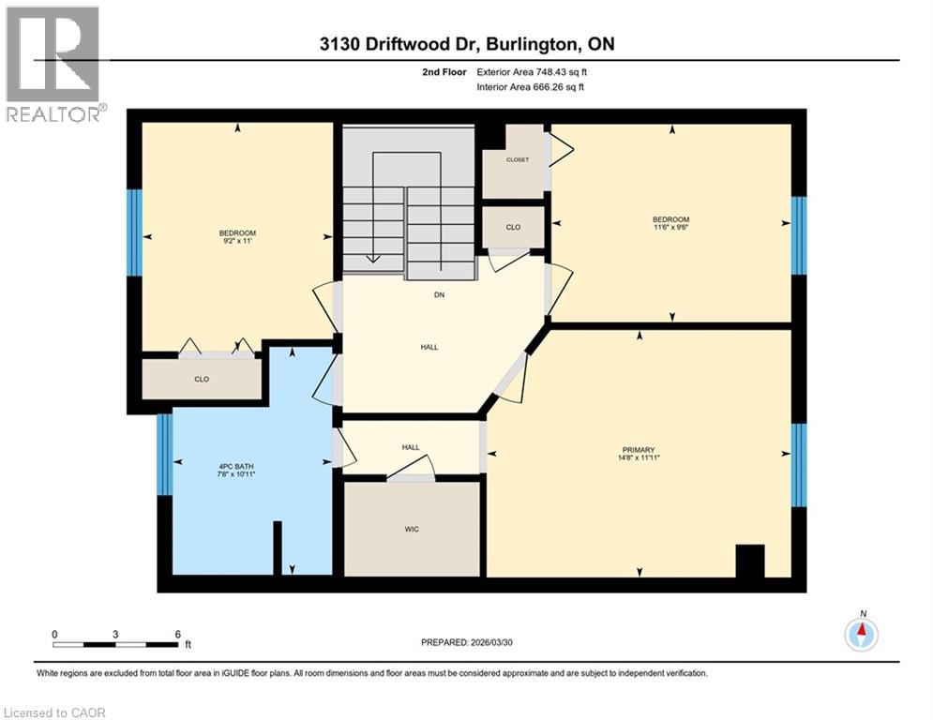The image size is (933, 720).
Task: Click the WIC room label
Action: click(x=412, y=530)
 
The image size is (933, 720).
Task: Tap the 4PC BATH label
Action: click(x=231, y=470)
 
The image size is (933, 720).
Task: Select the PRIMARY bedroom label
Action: click(x=639, y=449)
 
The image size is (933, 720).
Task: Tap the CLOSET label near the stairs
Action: click(x=517, y=160)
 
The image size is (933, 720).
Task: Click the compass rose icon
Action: click(x=861, y=635)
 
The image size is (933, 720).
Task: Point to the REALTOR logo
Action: click(x=53, y=64)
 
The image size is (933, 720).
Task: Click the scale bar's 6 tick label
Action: click(x=177, y=634)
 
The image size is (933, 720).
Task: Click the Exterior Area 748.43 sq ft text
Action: click(x=532, y=71)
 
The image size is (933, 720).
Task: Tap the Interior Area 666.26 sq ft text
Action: click(x=532, y=87)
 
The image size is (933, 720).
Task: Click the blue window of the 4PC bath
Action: click(x=164, y=455)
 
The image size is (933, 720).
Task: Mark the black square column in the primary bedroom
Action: click(x=750, y=561)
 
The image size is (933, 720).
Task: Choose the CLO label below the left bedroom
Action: click(x=201, y=380)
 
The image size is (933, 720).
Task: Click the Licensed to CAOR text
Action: click(x=55, y=712)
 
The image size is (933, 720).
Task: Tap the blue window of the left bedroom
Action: click(x=134, y=232)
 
